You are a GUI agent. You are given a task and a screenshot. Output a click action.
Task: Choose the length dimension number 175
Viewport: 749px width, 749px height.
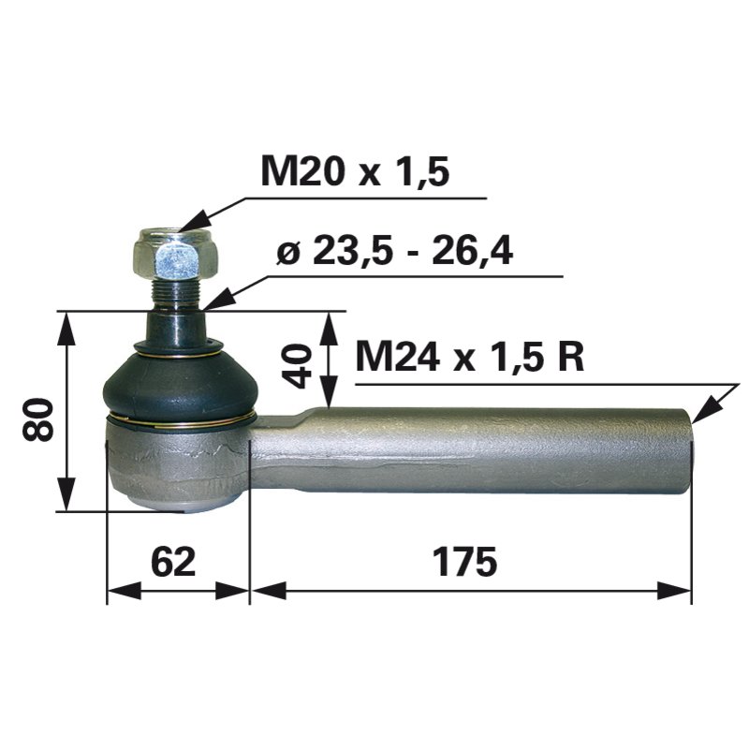pos(465,564)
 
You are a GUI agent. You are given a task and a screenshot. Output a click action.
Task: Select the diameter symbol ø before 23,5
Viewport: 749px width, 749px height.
pos(289,253)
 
